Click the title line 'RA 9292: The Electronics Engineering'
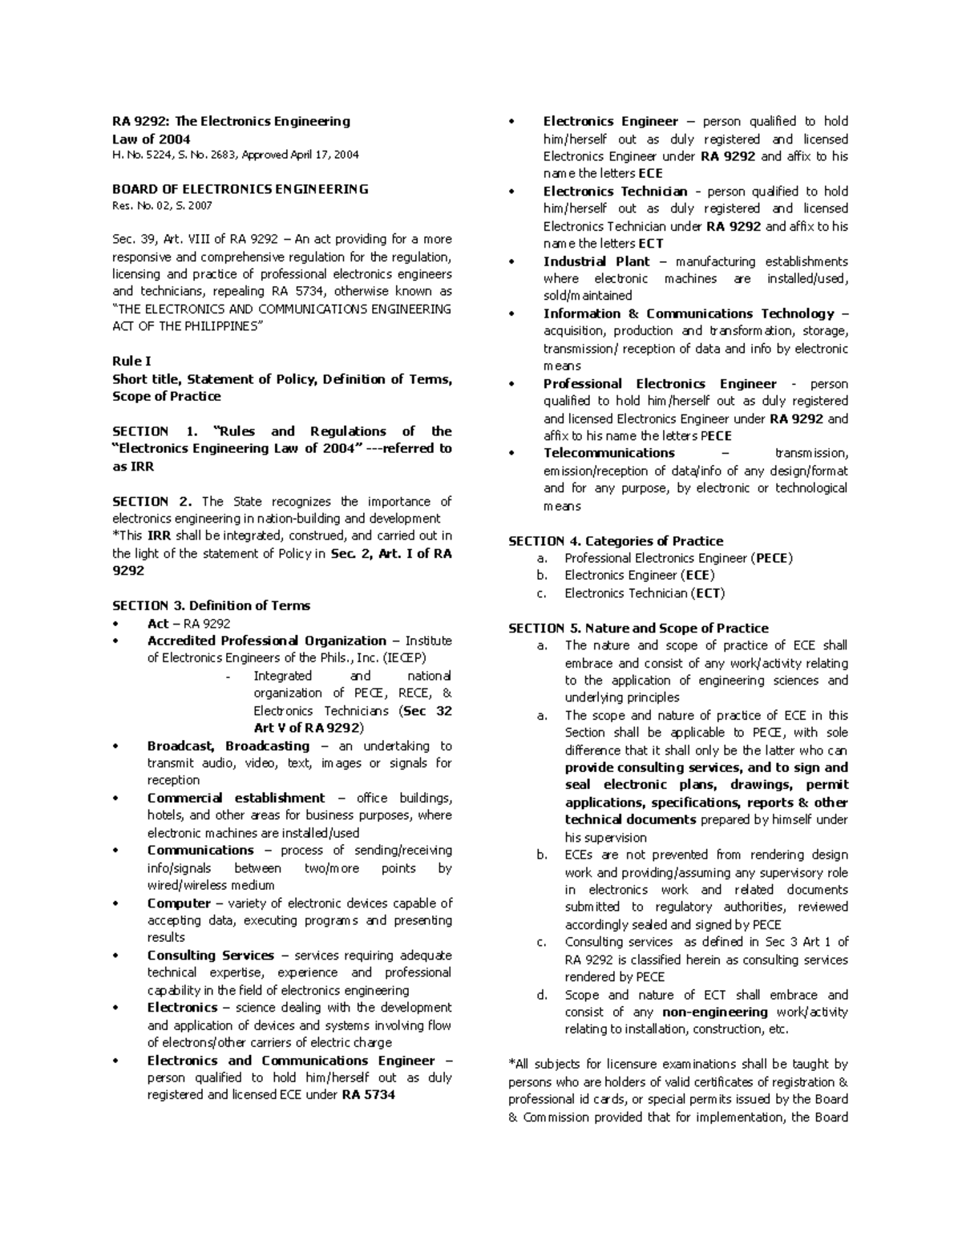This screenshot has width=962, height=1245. click(x=231, y=122)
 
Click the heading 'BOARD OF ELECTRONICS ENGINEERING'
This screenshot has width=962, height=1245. click(x=240, y=190)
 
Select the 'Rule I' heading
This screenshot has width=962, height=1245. click(x=131, y=362)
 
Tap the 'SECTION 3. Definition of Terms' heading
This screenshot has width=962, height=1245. click(x=211, y=606)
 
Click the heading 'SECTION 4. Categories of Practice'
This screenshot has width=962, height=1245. click(x=616, y=541)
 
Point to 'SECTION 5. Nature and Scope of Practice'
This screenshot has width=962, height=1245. click(x=638, y=629)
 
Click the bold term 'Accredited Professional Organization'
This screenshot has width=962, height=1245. click(x=266, y=641)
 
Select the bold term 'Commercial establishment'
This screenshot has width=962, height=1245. click(x=236, y=798)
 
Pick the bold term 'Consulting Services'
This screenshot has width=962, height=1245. click(x=210, y=956)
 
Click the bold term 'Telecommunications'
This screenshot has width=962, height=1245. click(x=609, y=454)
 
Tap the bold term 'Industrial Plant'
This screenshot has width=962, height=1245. click(x=596, y=261)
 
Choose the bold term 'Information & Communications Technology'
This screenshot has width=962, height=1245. click(x=689, y=314)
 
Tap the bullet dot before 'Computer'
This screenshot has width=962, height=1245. click(x=118, y=904)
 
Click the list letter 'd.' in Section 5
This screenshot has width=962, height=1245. click(x=543, y=995)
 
